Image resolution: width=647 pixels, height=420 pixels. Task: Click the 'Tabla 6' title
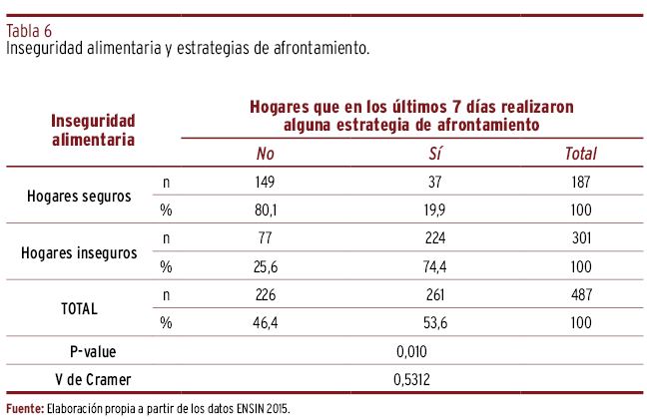point(29,29)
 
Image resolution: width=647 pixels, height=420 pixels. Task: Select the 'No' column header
point(265,154)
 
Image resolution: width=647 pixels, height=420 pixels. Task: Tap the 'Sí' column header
point(435,154)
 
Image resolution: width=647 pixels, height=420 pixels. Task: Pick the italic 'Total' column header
point(580,154)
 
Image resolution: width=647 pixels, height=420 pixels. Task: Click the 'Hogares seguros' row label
point(79,197)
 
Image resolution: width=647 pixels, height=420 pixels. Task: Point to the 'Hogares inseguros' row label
point(79,252)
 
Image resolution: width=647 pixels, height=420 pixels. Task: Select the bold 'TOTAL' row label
point(79,308)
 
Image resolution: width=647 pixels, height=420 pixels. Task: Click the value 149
point(265,183)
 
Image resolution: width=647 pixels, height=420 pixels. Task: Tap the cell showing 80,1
point(265,210)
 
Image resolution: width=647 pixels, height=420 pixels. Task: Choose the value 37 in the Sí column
point(435,183)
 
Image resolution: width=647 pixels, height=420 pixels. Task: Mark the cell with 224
point(435,238)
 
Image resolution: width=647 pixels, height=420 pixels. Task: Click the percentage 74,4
point(435,266)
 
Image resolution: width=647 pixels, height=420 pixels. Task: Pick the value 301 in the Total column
point(580,238)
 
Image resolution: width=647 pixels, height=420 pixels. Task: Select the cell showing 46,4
point(265,322)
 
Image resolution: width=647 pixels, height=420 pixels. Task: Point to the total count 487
point(580,294)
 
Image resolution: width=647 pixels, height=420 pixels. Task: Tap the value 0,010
point(412,351)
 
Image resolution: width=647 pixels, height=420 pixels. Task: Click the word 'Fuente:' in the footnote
point(25,409)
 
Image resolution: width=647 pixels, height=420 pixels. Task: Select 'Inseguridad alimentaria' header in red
point(93,130)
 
